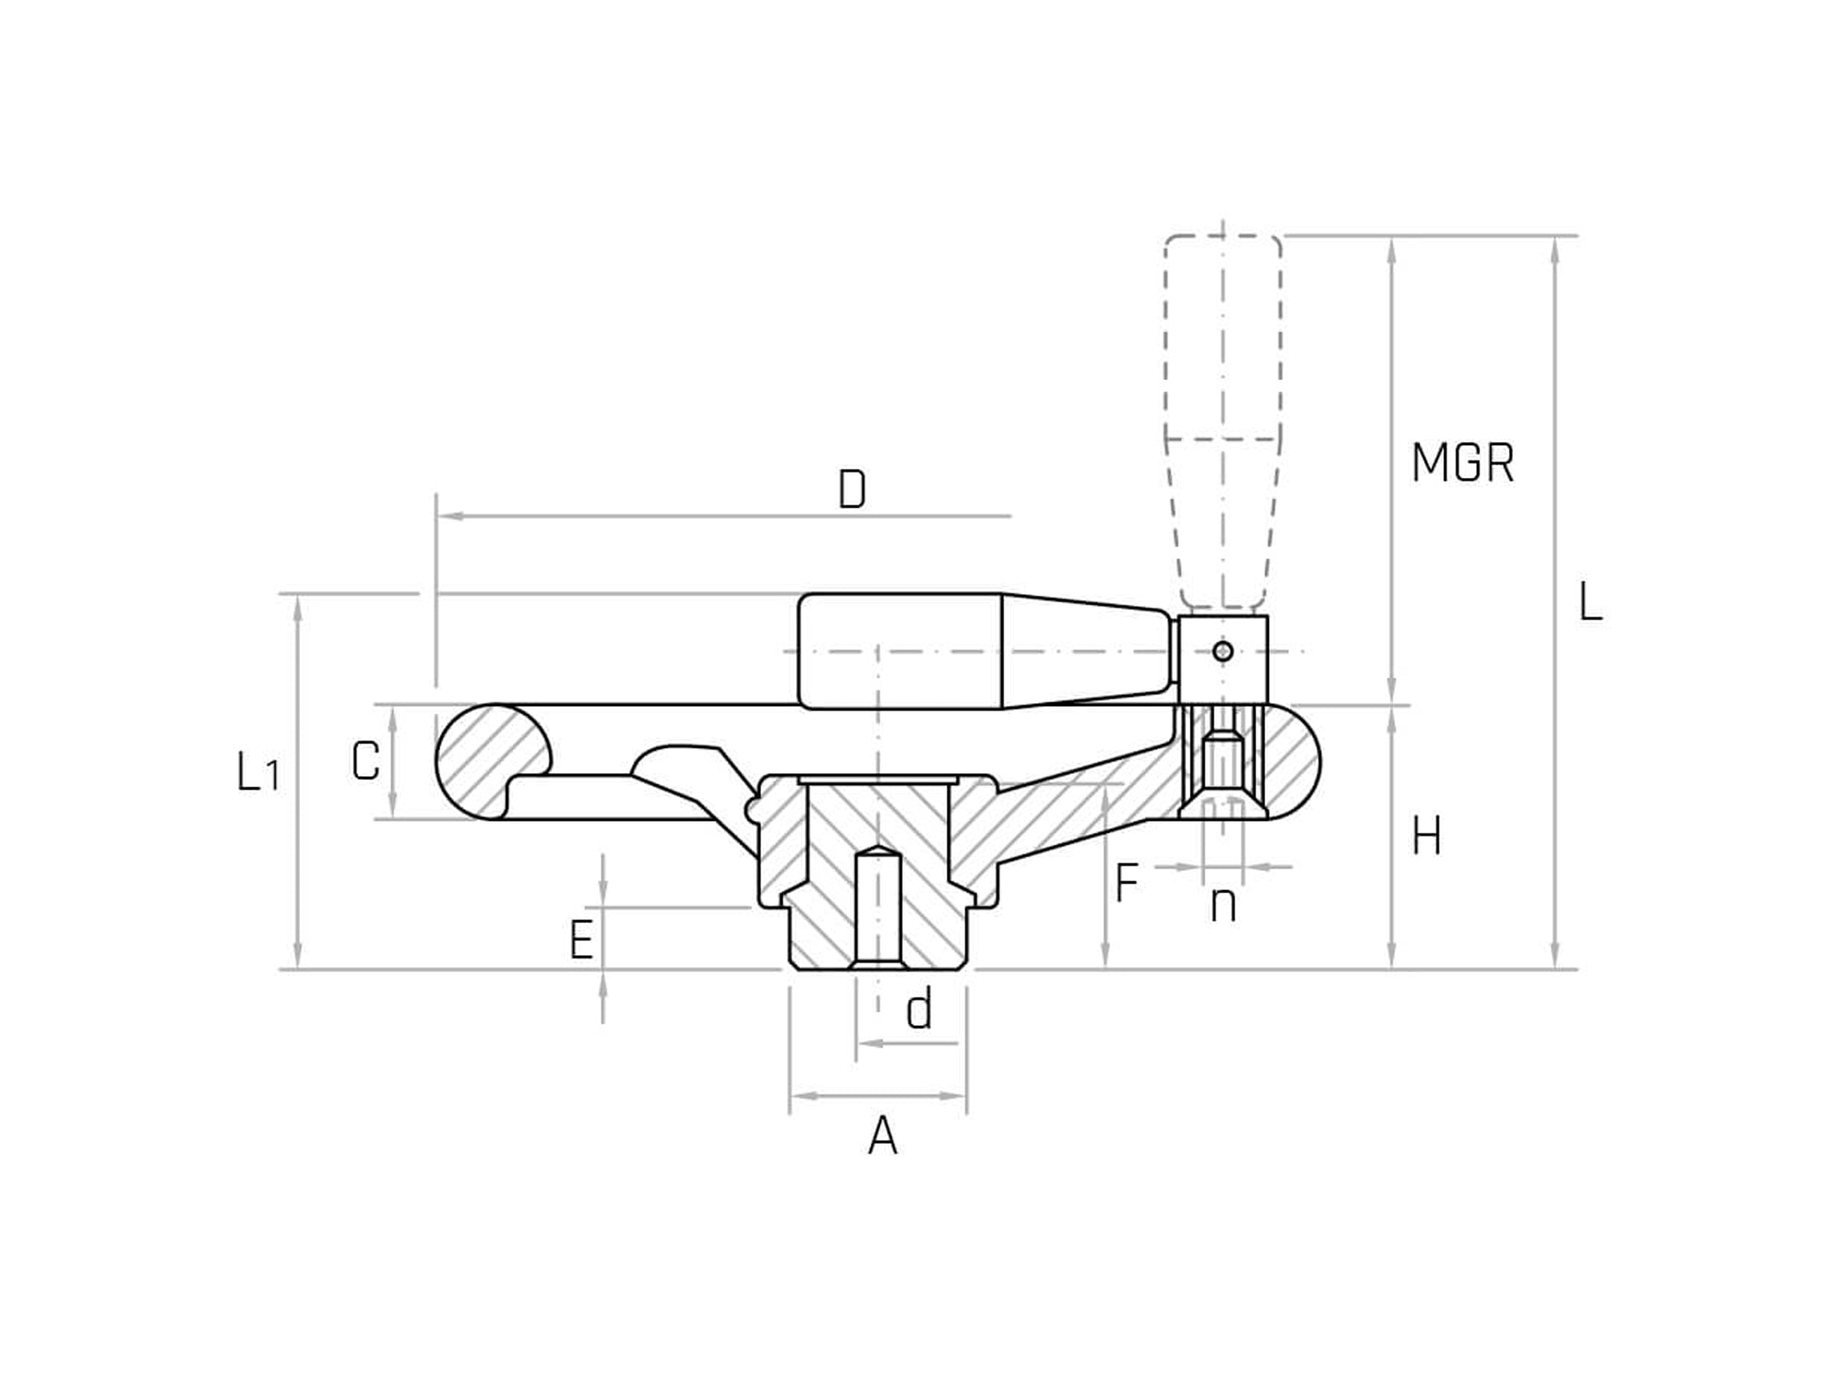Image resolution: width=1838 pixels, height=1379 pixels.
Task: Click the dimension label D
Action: tap(852, 491)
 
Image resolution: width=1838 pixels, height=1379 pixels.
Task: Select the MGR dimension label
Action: tap(1462, 463)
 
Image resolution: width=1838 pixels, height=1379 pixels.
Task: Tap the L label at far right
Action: tap(1590, 603)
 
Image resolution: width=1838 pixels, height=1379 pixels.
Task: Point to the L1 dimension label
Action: tap(257, 773)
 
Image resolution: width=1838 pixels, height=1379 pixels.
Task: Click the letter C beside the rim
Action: tap(366, 762)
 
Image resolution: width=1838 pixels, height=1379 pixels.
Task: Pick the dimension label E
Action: tap(582, 940)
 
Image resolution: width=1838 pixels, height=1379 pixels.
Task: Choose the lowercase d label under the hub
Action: tap(919, 1011)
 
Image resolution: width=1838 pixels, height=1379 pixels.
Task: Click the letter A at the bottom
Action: tap(883, 1137)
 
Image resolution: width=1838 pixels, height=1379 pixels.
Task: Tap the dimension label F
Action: tap(1127, 883)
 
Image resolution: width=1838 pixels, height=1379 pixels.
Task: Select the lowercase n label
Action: tap(1224, 906)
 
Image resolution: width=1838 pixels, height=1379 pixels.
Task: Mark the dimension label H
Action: tap(1427, 837)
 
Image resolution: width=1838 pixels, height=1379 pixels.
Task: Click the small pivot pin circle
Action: tap(1224, 651)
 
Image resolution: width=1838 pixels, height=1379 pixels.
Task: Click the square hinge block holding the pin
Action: tap(1224, 658)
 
